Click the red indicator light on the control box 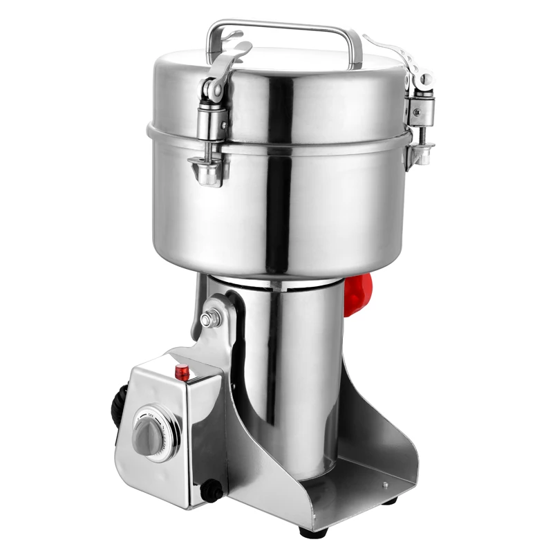184,371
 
